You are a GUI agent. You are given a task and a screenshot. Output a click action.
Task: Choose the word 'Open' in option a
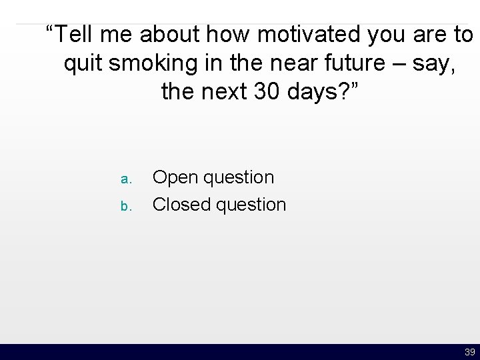(x=175, y=178)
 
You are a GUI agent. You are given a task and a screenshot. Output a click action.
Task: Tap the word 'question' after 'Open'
(x=239, y=178)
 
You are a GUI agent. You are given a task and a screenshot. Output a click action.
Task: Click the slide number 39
(x=469, y=352)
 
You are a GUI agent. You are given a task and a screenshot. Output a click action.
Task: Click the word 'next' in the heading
(x=225, y=92)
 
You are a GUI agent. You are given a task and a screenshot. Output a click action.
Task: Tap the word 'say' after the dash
(x=431, y=64)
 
